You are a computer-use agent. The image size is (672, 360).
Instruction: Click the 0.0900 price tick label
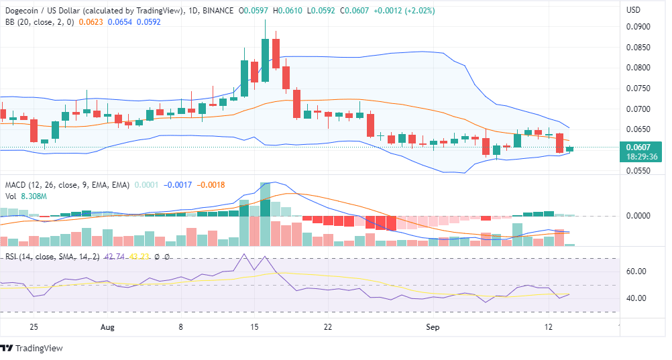click(638, 27)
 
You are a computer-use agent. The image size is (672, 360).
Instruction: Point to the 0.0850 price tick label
click(638, 48)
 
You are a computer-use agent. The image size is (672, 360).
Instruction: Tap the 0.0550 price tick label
click(638, 171)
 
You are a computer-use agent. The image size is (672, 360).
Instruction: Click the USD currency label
click(633, 10)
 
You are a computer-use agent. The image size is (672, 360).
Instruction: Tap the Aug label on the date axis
click(108, 327)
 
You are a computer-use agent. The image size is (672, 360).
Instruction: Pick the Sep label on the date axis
click(433, 327)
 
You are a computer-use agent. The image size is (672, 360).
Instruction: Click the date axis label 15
click(254, 327)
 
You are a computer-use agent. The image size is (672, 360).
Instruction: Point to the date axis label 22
click(327, 327)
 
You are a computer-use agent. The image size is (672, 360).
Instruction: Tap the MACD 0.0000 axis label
click(638, 216)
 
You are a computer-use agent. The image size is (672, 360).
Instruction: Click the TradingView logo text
click(39, 348)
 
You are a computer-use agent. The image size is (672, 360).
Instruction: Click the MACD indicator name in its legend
click(16, 185)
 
